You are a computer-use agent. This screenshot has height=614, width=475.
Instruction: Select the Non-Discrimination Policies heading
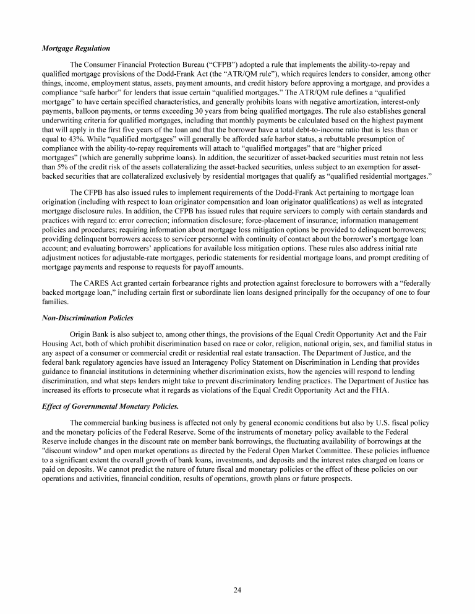[87, 318]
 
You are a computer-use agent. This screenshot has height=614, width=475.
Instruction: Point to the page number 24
[237, 589]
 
